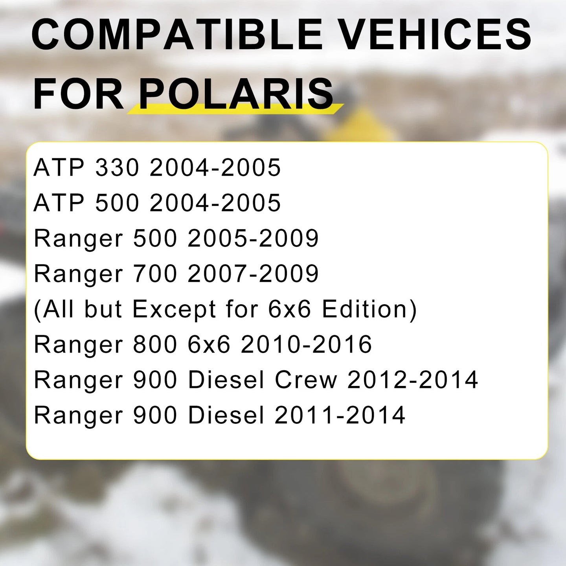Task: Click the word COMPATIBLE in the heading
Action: tap(177, 35)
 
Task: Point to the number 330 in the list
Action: tap(117, 167)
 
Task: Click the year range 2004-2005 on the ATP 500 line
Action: tap(215, 203)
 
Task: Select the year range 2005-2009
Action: tap(253, 238)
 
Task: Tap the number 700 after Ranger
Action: tap(155, 274)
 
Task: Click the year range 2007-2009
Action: tap(253, 274)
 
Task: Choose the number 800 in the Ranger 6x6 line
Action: tap(155, 345)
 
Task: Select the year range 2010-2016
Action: tap(306, 345)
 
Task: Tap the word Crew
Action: tap(306, 380)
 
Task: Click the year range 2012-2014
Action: tap(413, 380)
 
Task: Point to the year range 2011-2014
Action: tap(340, 415)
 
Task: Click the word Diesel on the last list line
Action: tap(226, 415)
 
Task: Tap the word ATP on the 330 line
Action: tap(59, 167)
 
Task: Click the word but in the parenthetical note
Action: tap(103, 309)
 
